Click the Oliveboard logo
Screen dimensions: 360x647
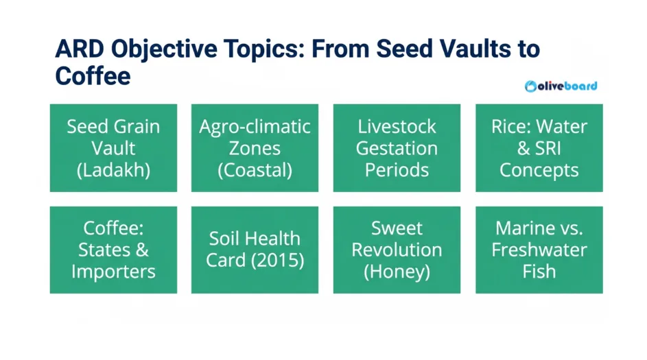click(561, 86)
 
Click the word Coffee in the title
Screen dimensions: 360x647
click(93, 75)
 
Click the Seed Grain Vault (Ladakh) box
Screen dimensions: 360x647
click(113, 148)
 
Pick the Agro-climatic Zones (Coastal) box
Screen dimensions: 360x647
click(255, 148)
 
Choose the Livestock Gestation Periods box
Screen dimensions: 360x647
click(397, 148)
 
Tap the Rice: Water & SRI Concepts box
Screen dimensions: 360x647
click(539, 148)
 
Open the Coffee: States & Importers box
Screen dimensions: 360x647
click(113, 250)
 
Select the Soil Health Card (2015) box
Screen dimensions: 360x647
click(255, 250)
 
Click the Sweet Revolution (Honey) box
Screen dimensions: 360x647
click(397, 250)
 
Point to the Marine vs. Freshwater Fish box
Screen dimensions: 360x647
click(539, 250)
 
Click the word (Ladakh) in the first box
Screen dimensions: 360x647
click(113, 170)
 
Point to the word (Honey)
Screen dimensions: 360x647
click(397, 272)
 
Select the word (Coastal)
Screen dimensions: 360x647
click(255, 170)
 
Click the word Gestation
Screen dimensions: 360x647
click(397, 148)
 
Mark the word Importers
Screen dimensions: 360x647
click(113, 272)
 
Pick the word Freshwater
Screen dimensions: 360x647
click(539, 250)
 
